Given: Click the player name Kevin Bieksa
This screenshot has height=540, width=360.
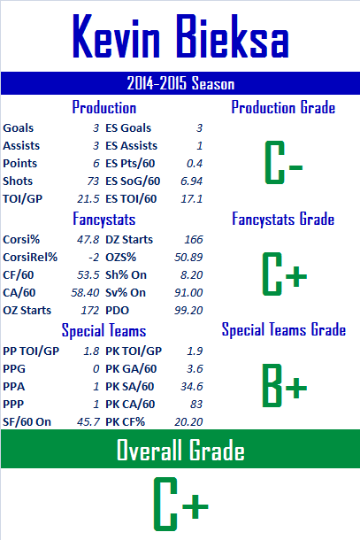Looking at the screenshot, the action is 180,36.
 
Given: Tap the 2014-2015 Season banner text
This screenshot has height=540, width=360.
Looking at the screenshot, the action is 180,83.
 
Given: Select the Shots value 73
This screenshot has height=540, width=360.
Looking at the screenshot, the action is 93,181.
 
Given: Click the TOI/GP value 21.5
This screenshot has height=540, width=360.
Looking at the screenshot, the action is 88,198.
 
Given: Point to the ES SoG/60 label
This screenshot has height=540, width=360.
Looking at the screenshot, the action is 133,181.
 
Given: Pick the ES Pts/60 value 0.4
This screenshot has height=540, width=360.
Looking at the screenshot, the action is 195,164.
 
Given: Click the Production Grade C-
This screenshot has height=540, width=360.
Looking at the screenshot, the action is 284,162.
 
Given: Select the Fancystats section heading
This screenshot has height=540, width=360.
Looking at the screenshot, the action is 104,220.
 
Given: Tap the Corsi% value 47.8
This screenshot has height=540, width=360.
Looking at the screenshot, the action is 88,240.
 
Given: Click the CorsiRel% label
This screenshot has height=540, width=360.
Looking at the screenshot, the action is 30,258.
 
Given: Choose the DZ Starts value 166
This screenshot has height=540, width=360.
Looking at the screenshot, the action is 194,240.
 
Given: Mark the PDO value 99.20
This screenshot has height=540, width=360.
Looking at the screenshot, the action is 188,311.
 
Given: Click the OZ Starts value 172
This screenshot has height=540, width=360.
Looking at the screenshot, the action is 90,311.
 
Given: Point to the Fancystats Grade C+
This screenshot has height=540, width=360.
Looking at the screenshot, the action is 284,274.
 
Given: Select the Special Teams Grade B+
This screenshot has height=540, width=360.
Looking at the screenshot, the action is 284,385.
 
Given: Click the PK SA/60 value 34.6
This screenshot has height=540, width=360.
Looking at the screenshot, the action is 192,387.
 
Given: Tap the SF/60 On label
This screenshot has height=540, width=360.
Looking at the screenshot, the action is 27,422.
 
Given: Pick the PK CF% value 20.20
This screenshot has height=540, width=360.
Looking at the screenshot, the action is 188,422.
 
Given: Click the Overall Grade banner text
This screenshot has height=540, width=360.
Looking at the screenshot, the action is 180,450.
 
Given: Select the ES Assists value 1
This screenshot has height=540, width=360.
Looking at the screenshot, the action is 200,146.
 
